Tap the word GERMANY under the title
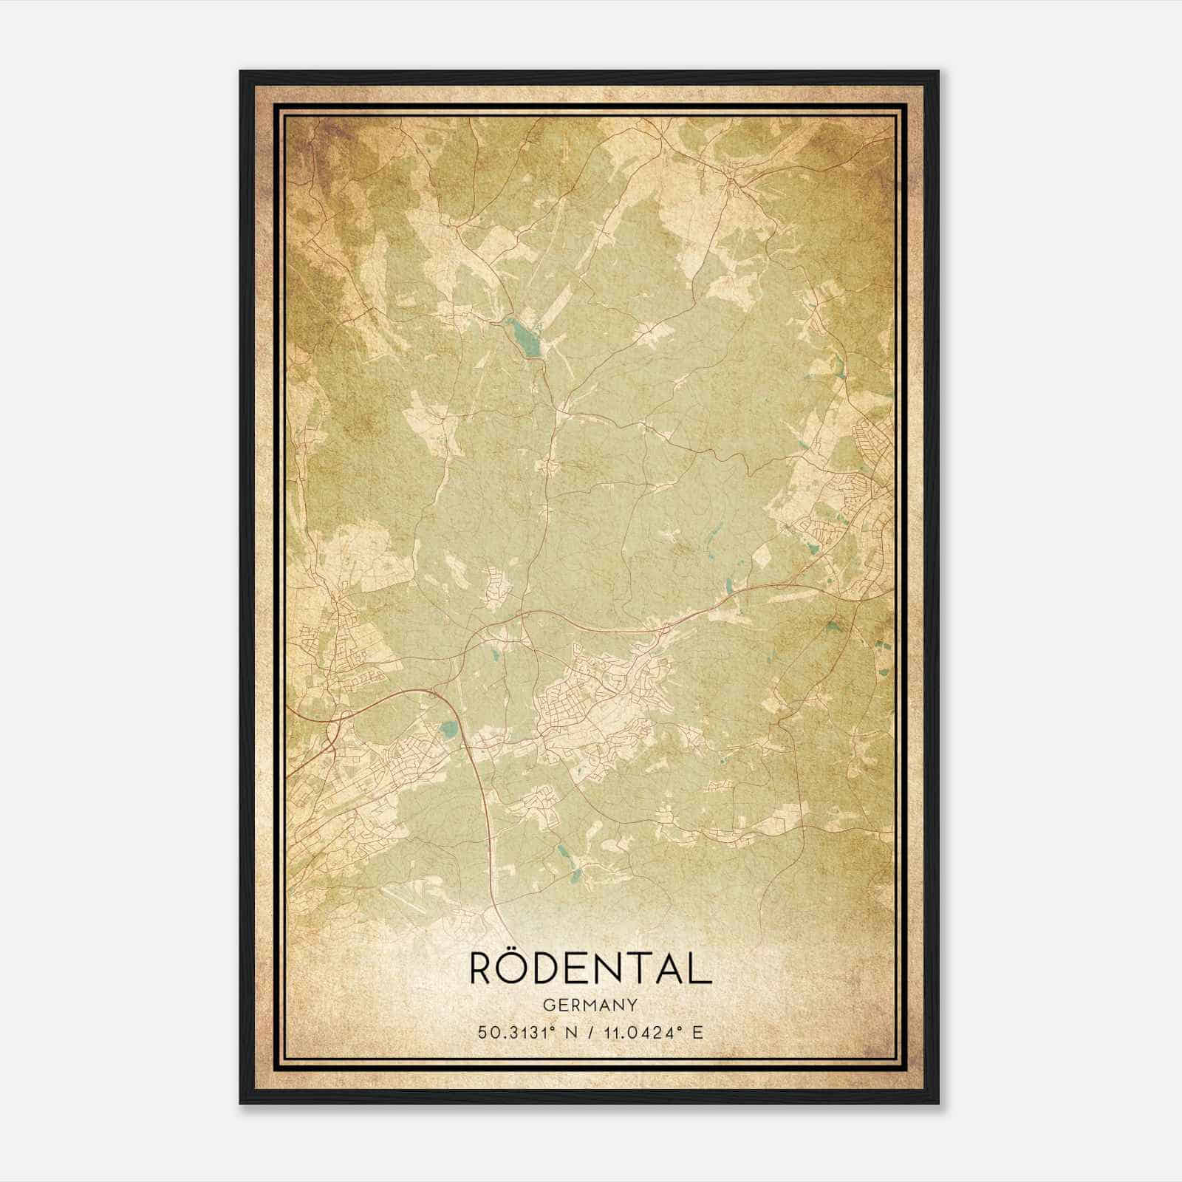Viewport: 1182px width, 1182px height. coord(590,1005)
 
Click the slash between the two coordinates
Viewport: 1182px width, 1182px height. coord(590,1032)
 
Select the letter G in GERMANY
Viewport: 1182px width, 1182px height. coord(547,1005)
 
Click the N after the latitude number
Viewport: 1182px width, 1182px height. coord(568,1032)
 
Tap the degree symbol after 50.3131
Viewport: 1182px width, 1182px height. coord(550,1028)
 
